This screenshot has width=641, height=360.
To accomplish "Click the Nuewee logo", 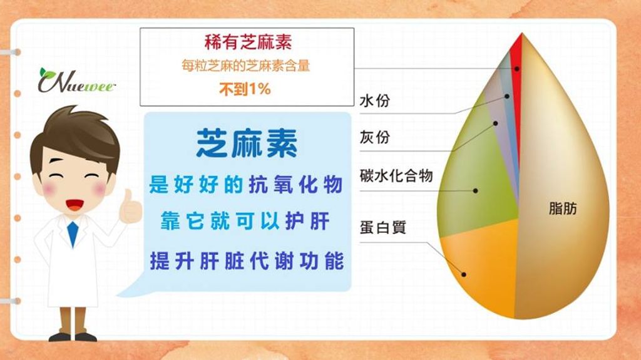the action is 76,80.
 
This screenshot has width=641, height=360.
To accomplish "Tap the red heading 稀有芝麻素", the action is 248,42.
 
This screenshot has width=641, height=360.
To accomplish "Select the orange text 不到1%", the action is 245,89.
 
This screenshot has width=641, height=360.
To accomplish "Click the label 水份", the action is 375,100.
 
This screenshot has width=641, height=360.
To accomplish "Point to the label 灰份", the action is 375,137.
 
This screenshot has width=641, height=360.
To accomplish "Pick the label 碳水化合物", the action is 396,175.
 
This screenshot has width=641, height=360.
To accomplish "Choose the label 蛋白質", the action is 382,227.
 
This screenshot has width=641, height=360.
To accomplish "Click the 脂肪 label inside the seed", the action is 563,208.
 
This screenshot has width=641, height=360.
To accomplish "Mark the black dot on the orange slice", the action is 464,274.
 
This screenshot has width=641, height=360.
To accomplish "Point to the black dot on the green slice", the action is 476,190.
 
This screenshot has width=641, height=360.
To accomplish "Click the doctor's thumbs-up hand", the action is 130,208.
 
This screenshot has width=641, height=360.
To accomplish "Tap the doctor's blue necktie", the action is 73,234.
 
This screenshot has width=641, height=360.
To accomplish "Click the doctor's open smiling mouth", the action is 75,204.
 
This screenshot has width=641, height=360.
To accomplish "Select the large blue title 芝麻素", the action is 247,143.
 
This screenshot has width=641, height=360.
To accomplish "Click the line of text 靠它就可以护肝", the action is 245,221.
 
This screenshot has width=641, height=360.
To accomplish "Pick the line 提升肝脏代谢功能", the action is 247,261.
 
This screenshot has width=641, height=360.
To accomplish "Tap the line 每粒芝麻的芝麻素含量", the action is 245,66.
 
